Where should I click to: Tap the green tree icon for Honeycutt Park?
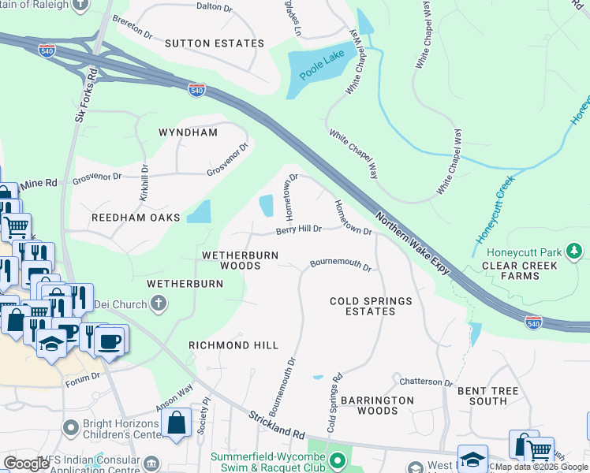pyautogui.click(x=575, y=252)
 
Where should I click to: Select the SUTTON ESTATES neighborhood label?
pyautogui.click(x=214, y=43)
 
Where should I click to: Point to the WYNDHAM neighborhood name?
pyautogui.click(x=188, y=132)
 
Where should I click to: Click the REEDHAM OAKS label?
pyautogui.click(x=136, y=217)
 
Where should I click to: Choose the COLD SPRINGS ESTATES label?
pyautogui.click(x=371, y=306)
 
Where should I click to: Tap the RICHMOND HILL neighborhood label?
pyautogui.click(x=233, y=345)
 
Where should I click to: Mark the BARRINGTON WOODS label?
pyautogui.click(x=378, y=405)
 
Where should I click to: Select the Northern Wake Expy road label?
pyautogui.click(x=411, y=243)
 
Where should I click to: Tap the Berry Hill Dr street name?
pyautogui.click(x=299, y=230)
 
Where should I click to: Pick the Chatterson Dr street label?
pyautogui.click(x=426, y=382)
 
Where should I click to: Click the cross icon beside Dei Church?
pyautogui.click(x=159, y=304)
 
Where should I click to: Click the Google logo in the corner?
pyautogui.click(x=26, y=464)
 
